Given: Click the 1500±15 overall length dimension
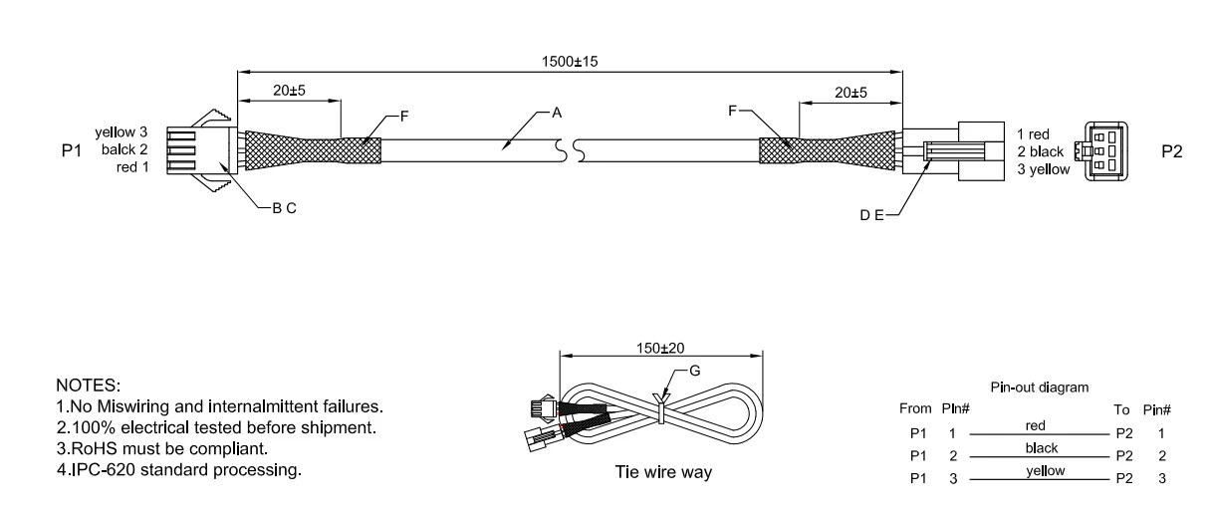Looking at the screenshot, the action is tap(570, 61).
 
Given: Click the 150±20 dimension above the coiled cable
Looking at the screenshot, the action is tap(660, 348).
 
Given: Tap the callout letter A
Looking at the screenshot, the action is tap(557, 113).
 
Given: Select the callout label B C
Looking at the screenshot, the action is tap(284, 208).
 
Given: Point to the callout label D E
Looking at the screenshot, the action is tap(871, 215).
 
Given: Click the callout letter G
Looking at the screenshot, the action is tap(695, 371).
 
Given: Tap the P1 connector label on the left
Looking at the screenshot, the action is tap(72, 150).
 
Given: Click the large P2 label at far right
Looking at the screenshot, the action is tap(1172, 151).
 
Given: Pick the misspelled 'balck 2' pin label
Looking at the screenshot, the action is tap(124, 149).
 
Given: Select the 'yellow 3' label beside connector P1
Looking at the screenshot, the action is tap(121, 132).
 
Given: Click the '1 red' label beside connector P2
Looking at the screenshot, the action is tap(1033, 134).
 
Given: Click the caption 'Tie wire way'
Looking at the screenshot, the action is tap(663, 472).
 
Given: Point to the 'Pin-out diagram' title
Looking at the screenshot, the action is tap(1040, 387).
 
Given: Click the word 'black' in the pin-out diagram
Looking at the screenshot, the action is tap(1042, 448).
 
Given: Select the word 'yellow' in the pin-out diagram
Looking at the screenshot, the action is tap(1046, 471).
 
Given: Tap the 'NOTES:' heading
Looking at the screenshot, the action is tap(89, 386).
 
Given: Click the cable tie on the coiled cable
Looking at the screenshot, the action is tap(660, 408).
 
